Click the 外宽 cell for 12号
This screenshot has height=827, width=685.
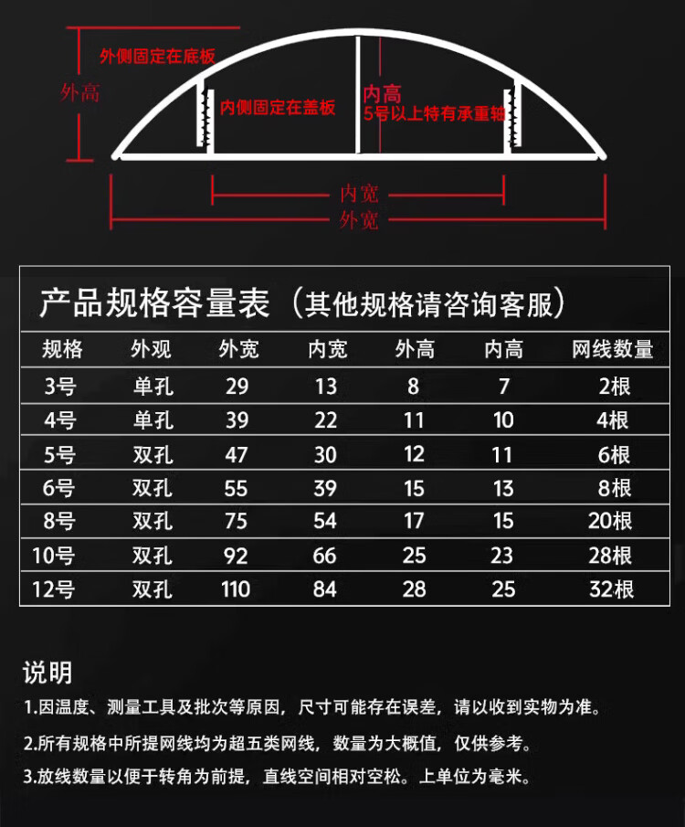click(x=236, y=589)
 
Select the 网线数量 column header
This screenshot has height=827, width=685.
click(x=612, y=349)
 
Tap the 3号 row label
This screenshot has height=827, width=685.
click(x=60, y=386)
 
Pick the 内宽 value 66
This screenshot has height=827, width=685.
click(x=325, y=556)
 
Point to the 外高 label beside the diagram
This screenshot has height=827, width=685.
click(x=79, y=92)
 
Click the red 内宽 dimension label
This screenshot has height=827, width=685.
click(x=359, y=194)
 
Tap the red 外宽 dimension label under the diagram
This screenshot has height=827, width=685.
click(x=359, y=220)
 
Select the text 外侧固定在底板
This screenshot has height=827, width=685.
click(x=157, y=57)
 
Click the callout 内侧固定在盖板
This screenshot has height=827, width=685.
click(x=278, y=108)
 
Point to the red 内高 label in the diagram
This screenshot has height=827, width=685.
click(x=382, y=94)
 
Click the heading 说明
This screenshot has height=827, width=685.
click(x=47, y=673)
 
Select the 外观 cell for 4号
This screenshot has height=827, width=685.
click(x=153, y=420)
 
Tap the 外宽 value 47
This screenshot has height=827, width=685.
click(x=236, y=454)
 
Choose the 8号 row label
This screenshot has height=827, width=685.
click(x=60, y=521)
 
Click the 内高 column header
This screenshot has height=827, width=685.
click(x=503, y=349)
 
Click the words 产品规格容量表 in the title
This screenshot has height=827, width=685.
click(x=154, y=303)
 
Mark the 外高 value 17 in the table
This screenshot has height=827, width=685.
click(x=414, y=521)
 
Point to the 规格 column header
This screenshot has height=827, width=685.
click(x=62, y=349)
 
